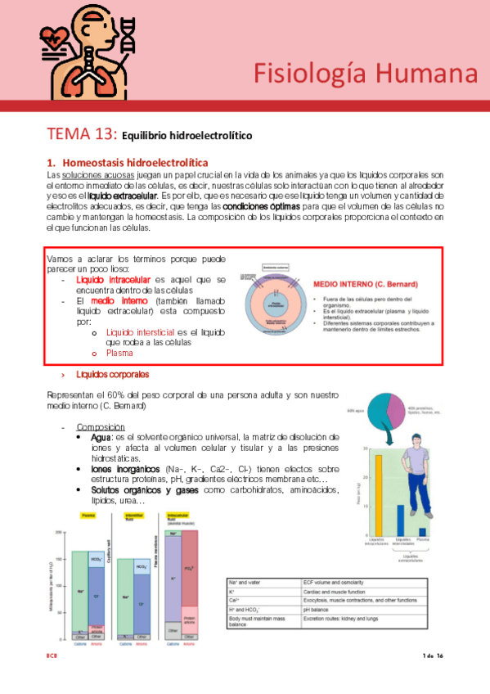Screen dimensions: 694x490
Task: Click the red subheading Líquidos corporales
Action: tap(112, 374)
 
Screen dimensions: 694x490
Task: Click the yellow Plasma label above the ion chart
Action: tap(88, 515)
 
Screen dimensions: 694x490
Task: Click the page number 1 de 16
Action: tap(431, 656)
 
